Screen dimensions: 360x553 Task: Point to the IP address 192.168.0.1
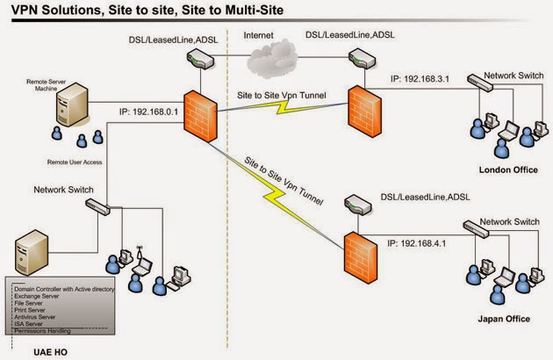click(x=150, y=112)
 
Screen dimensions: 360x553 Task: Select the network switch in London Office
click(x=484, y=82)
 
